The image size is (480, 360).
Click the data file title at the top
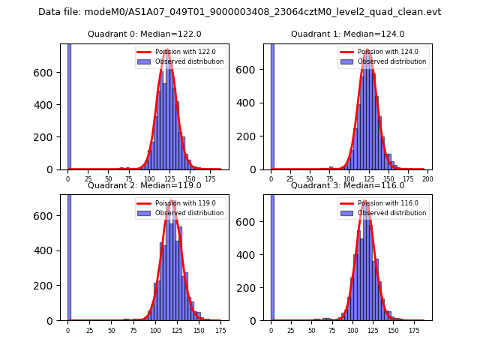pyautogui.click(x=240, y=12)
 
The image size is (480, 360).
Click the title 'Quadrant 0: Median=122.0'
pyautogui.click(x=144, y=34)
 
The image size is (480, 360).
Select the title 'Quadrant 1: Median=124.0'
pyautogui.click(x=347, y=34)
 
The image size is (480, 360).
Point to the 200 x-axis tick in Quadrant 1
pyautogui.click(x=428, y=180)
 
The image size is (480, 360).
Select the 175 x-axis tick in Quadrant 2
pyautogui.click(x=220, y=331)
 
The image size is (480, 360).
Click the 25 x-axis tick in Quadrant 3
pyautogui.click(x=291, y=331)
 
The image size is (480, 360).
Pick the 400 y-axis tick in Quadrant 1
pyautogui.click(x=251, y=102)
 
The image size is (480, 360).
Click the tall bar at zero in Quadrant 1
pyautogui.click(x=271, y=105)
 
